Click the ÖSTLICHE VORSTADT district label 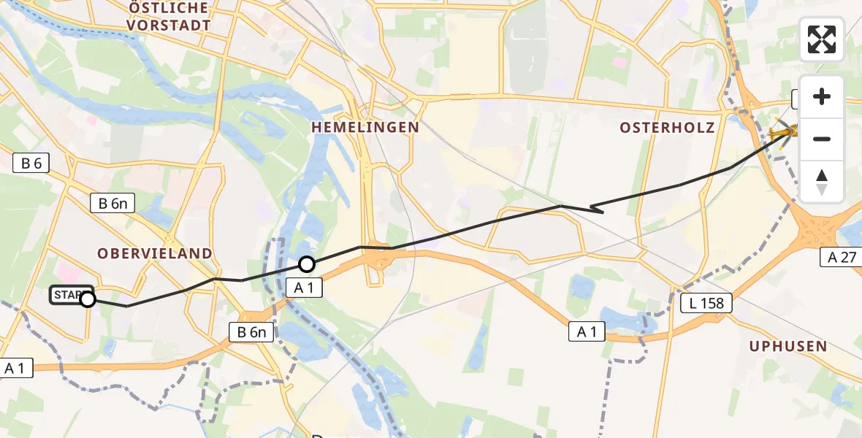(x=169, y=16)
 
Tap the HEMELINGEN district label (x=365, y=127)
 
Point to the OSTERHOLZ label (x=667, y=128)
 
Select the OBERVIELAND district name (x=156, y=253)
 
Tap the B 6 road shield (x=31, y=163)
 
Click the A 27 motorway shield (x=842, y=256)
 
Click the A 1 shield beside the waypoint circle (x=305, y=288)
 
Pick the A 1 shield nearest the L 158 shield (x=587, y=332)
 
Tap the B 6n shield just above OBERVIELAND (x=112, y=203)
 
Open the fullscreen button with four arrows (x=822, y=39)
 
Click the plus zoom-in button (x=822, y=96)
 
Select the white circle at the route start (x=88, y=299)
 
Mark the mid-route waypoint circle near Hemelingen (x=307, y=264)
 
